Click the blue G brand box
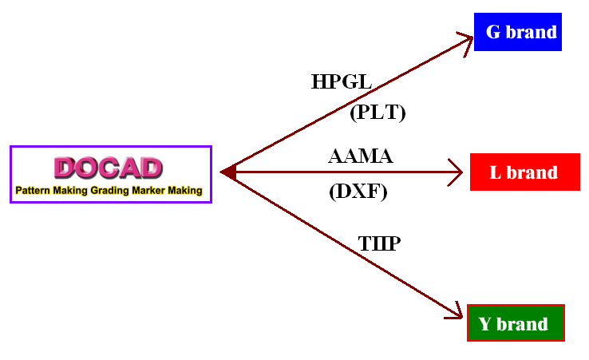[518, 32]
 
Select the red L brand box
[525, 172]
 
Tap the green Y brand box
[516, 322]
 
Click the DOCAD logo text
[109, 168]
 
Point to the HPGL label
[342, 81]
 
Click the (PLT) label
[378, 113]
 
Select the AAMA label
[361, 156]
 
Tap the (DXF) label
[358, 192]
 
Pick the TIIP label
[379, 243]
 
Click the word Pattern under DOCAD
[33, 191]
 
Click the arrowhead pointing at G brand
[467, 42]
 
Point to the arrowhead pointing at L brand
[457, 172]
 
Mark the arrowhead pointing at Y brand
[455, 311]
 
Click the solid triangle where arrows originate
[228, 172]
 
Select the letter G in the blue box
[493, 32]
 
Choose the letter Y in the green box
[485, 323]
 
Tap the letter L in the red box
[495, 172]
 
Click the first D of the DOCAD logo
[65, 168]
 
